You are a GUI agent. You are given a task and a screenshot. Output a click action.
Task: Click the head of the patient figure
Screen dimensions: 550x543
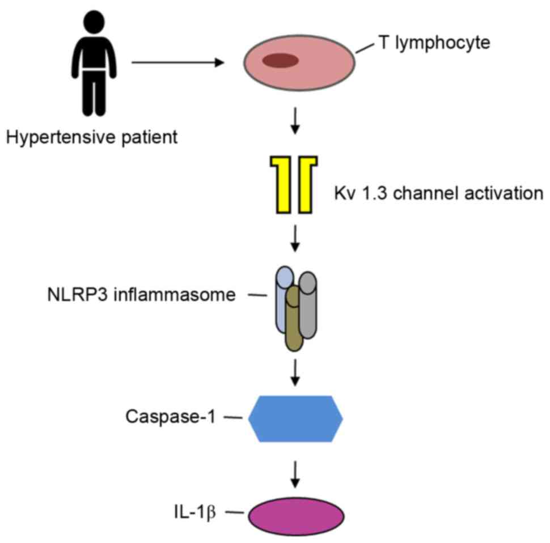[94, 22]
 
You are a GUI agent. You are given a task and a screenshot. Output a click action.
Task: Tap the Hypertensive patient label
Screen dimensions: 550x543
[92, 137]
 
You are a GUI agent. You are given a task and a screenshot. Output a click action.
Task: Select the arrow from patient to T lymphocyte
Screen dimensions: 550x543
[178, 62]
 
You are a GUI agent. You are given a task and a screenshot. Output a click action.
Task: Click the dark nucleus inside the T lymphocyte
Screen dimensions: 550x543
[280, 60]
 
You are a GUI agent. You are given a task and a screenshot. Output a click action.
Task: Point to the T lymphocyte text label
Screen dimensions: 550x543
[434, 43]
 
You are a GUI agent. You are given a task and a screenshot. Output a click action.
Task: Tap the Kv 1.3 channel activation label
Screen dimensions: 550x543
[439, 193]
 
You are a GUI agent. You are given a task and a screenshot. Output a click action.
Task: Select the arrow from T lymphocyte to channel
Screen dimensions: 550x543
[295, 121]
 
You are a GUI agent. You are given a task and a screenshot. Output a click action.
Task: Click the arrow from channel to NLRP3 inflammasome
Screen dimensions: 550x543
[295, 239]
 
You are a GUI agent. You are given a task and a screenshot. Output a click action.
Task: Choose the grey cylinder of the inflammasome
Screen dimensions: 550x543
[308, 305]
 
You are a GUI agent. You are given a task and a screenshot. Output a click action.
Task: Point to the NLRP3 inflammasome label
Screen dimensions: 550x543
[141, 295]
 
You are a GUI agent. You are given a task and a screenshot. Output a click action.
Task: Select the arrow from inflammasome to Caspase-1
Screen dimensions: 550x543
[295, 372]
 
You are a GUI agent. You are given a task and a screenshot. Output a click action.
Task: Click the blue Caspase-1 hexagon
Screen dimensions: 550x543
[295, 418]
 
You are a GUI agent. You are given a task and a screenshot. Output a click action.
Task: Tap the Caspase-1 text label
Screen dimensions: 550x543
[171, 417]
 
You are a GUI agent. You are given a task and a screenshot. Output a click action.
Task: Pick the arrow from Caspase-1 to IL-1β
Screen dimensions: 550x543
[295, 474]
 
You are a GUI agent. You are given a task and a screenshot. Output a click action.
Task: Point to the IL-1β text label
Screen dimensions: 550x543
[194, 513]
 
